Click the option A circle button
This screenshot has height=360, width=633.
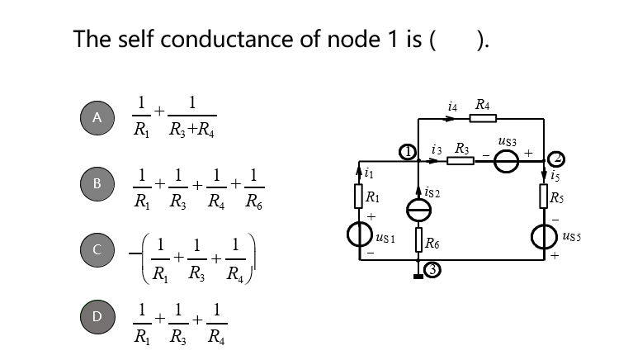[x=97, y=117]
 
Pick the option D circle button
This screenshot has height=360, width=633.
[x=97, y=315]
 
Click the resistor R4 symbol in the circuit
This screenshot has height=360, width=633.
[x=482, y=119]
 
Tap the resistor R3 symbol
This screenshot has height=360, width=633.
[x=461, y=160]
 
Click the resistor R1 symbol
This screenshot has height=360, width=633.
[x=359, y=197]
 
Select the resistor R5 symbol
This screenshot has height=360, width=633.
[x=544, y=197]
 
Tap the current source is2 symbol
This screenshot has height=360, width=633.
[x=419, y=212]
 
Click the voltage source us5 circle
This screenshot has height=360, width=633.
[x=544, y=238]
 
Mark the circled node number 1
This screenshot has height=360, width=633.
[x=407, y=151]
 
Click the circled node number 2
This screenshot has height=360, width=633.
[x=557, y=157]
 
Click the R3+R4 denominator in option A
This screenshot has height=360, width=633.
[x=192, y=130]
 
